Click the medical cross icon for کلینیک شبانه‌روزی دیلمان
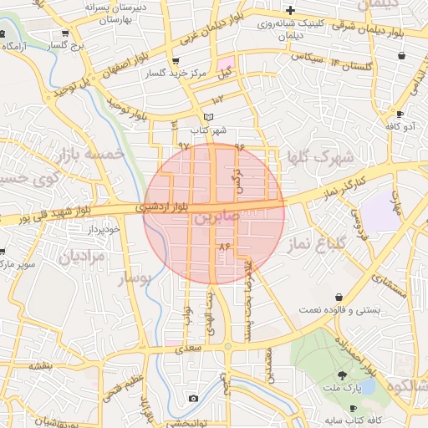290,11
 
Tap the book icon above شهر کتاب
208,117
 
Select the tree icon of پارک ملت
343,375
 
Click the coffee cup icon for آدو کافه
400,114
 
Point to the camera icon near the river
193,399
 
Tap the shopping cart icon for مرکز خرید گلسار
175,62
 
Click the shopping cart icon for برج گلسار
65,33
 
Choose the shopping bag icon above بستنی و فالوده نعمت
339,297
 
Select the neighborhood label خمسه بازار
92,154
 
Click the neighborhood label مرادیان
82,257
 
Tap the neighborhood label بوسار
134,279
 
